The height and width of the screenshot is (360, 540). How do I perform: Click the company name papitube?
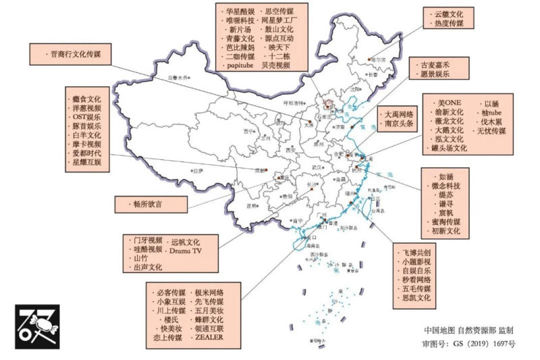coord(238,66)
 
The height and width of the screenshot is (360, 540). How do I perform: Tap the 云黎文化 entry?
coord(449,13)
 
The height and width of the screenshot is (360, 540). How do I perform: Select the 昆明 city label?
coord(252,206)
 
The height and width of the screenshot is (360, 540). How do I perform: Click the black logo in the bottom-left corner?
coord(37,326)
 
